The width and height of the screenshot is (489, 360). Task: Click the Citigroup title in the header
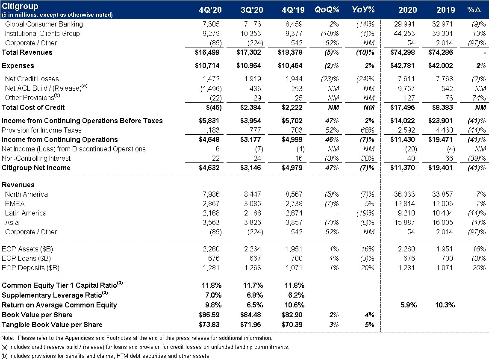click(x=20, y=6)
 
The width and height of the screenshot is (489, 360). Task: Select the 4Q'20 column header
click(x=210, y=10)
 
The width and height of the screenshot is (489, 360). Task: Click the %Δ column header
click(x=477, y=10)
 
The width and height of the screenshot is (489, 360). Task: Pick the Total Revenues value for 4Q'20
click(x=207, y=52)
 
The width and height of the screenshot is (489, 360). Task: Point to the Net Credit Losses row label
click(x=32, y=79)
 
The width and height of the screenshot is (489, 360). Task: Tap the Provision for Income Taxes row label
click(x=41, y=130)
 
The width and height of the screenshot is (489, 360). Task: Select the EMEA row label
click(x=15, y=204)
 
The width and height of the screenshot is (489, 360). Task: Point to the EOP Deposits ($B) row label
click(x=30, y=268)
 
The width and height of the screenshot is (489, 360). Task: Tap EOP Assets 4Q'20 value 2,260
click(x=211, y=249)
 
